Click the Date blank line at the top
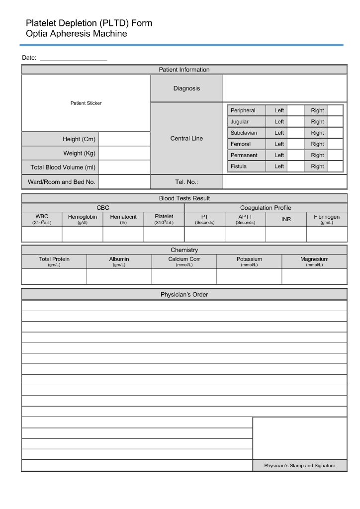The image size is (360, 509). pyautogui.click(x=73, y=58)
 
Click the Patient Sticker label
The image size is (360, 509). pyautogui.click(x=86, y=103)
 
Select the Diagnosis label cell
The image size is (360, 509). pyautogui.click(x=186, y=88)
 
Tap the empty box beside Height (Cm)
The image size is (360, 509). pyautogui.click(x=124, y=139)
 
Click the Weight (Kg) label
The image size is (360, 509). pyautogui.click(x=79, y=153)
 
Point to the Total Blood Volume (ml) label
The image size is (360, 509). pyautogui.click(x=63, y=168)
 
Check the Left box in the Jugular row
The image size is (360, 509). pyautogui.click(x=295, y=122)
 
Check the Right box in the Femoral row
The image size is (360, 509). pyautogui.click(x=335, y=144)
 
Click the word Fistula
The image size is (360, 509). pyautogui.click(x=238, y=167)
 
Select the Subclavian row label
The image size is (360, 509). pyautogui.click(x=244, y=133)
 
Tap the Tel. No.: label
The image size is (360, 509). pyautogui.click(x=186, y=182)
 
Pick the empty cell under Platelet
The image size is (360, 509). pyautogui.click(x=164, y=234)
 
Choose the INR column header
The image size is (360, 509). pyautogui.click(x=286, y=219)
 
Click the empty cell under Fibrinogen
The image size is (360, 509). pyautogui.click(x=327, y=234)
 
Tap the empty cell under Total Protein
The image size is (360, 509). pyautogui.click(x=54, y=276)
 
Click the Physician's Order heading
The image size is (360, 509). pyautogui.click(x=184, y=295)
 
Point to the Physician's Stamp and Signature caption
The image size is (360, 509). pyautogui.click(x=299, y=466)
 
